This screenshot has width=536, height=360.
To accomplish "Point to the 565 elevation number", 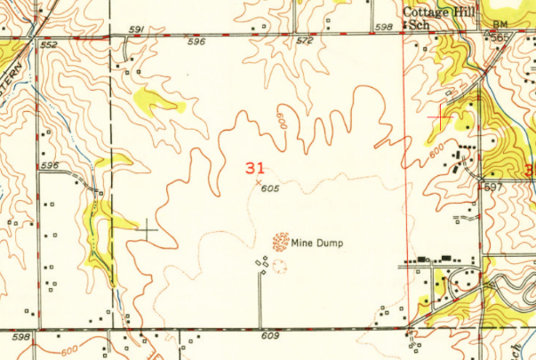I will coord(502,38).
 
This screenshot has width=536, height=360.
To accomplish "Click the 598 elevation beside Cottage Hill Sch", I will coord(384,28).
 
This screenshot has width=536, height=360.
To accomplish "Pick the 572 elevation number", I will coord(306,41).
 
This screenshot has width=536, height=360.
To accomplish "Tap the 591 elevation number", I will coord(136,30).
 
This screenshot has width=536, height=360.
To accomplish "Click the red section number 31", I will coord(255,166).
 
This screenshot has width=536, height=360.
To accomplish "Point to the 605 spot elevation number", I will coord(271,188).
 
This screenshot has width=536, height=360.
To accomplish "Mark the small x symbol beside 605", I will coord(258,183).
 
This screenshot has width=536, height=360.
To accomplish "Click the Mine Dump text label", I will coord(317,241).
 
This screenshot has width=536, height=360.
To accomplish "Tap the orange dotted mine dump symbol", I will coord(281,240).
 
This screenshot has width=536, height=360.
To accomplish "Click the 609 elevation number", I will coord(270,337).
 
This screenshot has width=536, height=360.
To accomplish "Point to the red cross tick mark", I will coord(442,116).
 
